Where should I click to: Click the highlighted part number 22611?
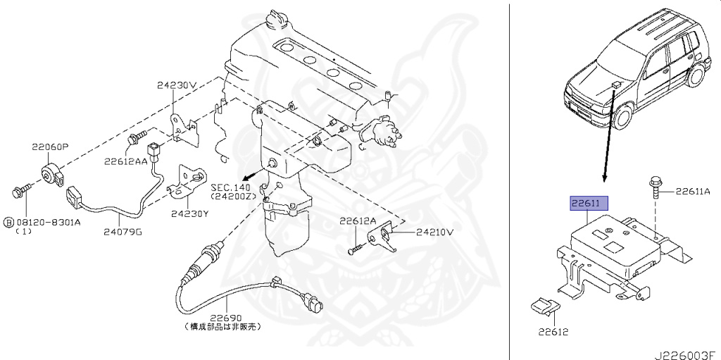[x=585, y=204]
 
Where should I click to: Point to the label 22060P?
[x=49, y=147]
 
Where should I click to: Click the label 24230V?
[x=176, y=86]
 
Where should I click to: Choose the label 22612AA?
[x=126, y=161]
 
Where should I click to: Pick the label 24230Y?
[x=189, y=214]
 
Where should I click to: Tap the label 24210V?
[x=434, y=231]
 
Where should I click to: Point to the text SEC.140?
[x=230, y=188]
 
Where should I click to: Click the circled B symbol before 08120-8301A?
[x=8, y=222]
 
